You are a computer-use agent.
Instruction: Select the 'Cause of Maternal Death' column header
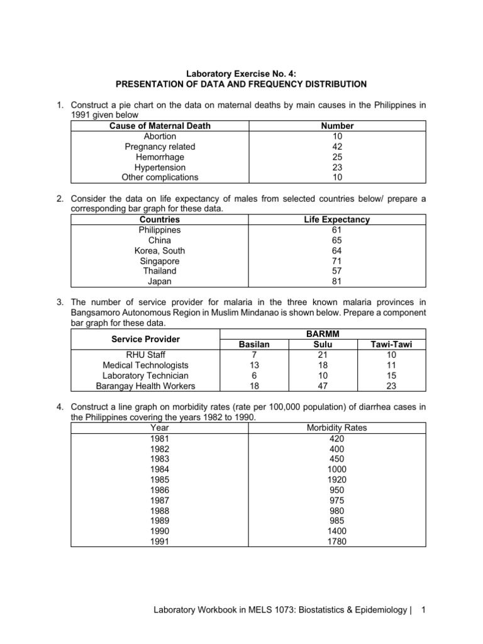(160, 126)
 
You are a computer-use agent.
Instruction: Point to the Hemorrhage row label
(160, 157)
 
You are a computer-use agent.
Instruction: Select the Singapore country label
(160, 261)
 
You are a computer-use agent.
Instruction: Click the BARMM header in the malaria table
(321, 334)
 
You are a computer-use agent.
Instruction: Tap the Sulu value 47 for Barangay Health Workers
(321, 386)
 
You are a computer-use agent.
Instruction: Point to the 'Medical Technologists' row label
(145, 365)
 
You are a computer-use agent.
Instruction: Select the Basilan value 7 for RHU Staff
(254, 355)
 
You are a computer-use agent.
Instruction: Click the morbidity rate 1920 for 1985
(336, 479)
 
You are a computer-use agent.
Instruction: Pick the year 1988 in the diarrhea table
(160, 511)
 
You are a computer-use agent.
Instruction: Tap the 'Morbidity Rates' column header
(336, 428)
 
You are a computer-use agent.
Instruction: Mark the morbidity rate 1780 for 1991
(336, 541)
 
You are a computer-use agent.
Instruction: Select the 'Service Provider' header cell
(145, 339)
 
